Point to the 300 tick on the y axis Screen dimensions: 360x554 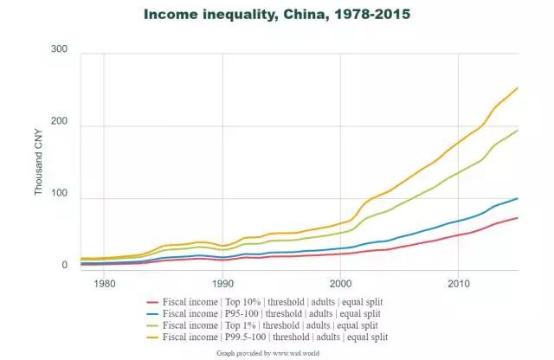click(x=59, y=49)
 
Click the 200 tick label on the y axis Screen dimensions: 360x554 click(x=59, y=125)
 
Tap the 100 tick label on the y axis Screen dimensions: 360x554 click(x=59, y=199)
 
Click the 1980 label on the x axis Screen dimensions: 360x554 click(x=104, y=283)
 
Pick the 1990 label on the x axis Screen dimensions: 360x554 click(x=222, y=283)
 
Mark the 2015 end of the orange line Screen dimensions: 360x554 click(x=517, y=87)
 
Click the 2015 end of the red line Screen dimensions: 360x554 click(x=517, y=218)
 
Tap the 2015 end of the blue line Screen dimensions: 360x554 click(x=517, y=198)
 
